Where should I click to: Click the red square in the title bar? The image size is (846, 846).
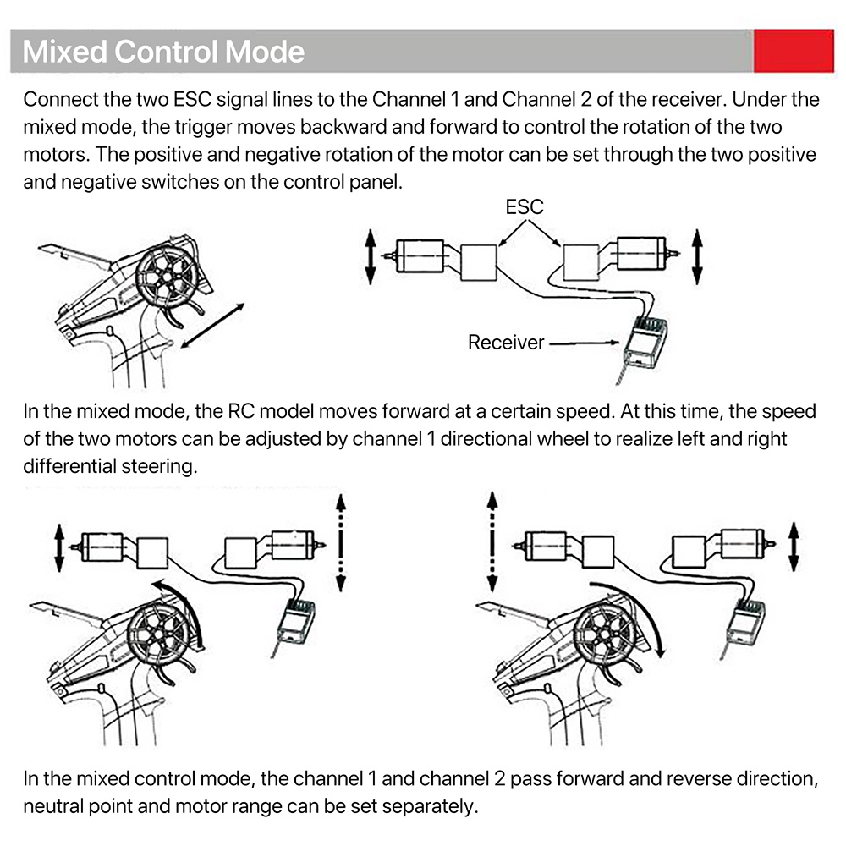click(794, 51)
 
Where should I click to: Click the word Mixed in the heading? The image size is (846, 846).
click(65, 52)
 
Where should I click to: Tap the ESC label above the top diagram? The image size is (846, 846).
click(525, 207)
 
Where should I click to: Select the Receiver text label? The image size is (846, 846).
click(506, 343)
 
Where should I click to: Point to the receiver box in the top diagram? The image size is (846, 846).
click(646, 342)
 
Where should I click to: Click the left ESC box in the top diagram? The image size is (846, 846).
click(479, 263)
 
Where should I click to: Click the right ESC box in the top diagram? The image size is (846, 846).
click(581, 263)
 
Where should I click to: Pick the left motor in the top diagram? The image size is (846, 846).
click(417, 255)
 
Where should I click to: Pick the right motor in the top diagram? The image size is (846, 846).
click(645, 254)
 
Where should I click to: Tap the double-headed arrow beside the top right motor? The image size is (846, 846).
click(697, 257)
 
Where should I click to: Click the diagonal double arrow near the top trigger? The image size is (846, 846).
click(212, 326)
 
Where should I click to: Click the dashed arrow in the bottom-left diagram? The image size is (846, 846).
click(341, 543)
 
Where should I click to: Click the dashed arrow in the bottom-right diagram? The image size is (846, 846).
click(492, 541)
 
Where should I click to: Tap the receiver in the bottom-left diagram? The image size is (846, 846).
click(295, 621)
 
